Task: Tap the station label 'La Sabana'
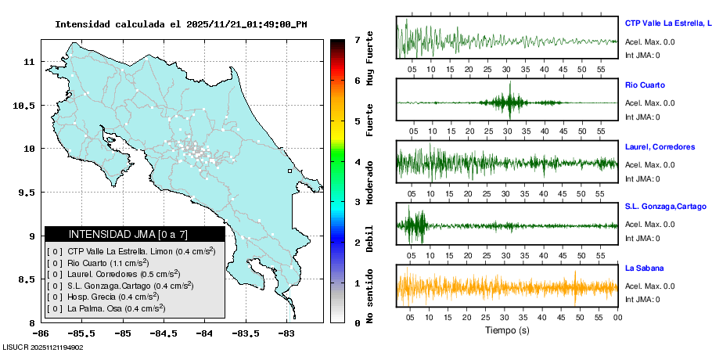(x=644, y=268)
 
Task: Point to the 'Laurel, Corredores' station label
(x=660, y=147)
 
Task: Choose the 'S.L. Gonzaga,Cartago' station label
(x=664, y=206)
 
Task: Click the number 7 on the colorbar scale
(x=357, y=39)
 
